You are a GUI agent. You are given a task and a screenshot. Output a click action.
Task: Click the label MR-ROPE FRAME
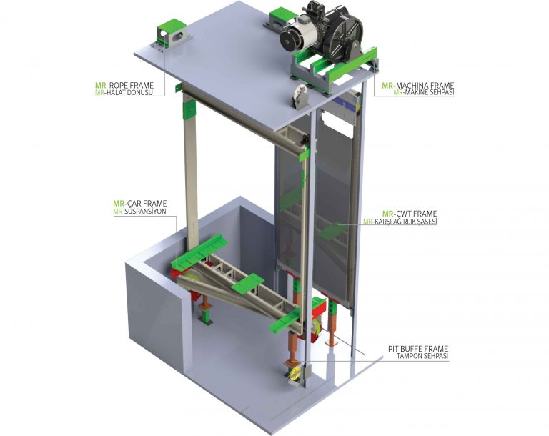pos(124,86)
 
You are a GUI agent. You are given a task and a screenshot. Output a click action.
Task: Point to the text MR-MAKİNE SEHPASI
pos(424,92)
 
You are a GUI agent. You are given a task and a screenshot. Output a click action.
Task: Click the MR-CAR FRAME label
pos(139,204)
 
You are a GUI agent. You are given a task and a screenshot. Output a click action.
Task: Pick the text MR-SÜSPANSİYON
pos(139,211)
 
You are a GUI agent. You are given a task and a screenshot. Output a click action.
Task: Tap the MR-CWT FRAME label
pos(410,214)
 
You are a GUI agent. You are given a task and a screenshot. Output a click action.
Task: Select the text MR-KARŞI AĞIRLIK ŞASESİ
pos(400,222)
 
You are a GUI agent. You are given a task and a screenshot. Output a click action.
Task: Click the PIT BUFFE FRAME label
pos(418,349)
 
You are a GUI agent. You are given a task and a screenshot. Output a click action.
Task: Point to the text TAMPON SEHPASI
pos(422,356)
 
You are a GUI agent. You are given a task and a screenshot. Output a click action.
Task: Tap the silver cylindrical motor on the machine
pos(300,35)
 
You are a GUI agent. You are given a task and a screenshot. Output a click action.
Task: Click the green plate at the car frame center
pos(248,283)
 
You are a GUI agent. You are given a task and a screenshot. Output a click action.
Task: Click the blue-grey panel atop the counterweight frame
pos(345,104)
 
